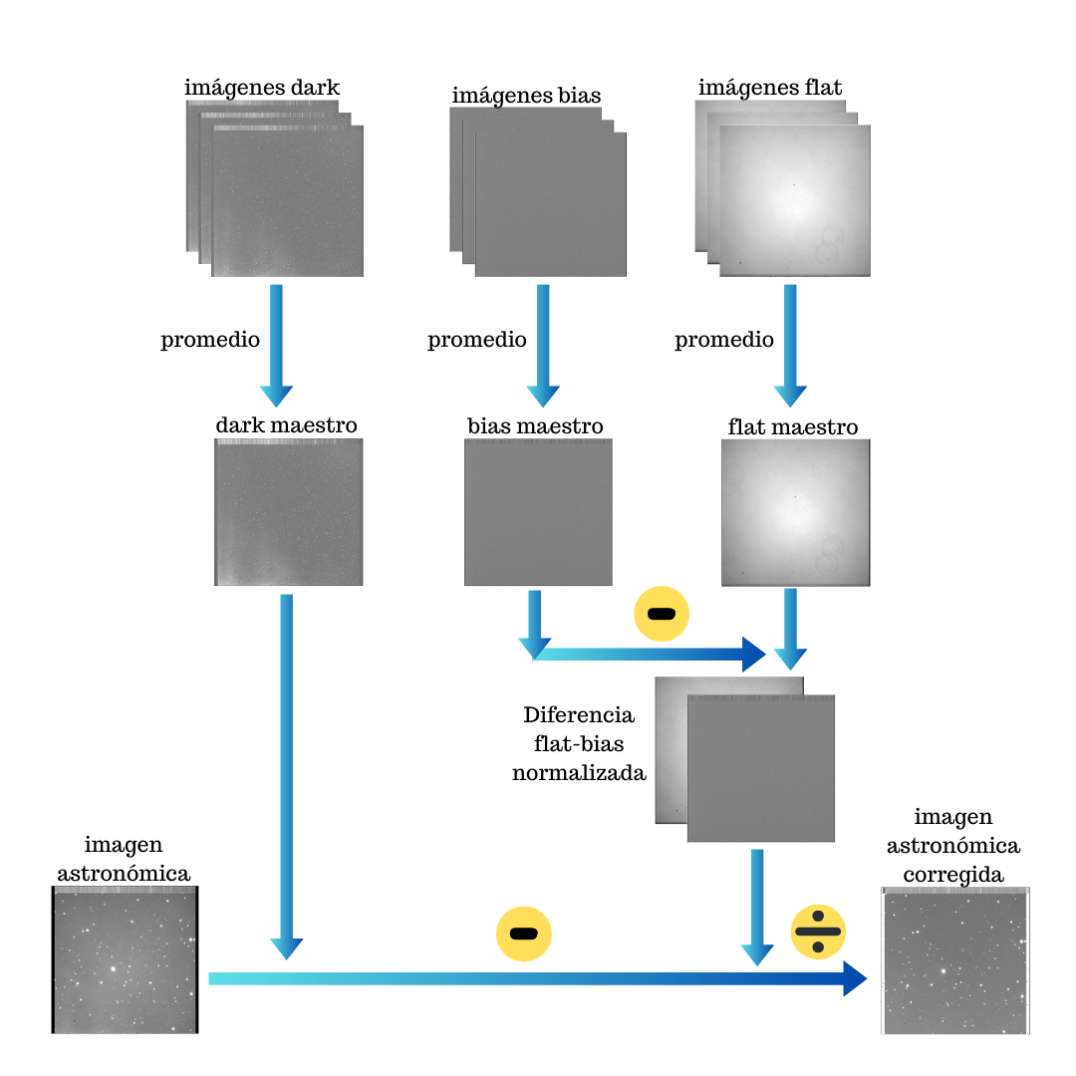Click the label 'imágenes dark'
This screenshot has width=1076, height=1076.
coord(262,87)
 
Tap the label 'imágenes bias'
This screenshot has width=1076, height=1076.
coord(526,96)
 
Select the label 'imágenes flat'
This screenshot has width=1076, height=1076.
coord(770,87)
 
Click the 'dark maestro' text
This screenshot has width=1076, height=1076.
coord(286,425)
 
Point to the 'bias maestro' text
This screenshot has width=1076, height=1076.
coord(535,426)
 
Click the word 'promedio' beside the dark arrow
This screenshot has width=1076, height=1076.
coord(210,340)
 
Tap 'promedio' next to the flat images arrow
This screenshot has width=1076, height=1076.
coord(724,340)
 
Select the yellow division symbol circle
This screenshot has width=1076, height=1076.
coord(818,932)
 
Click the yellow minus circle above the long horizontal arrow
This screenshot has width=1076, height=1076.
coord(524,934)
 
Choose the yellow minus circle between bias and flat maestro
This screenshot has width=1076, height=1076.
coord(662,613)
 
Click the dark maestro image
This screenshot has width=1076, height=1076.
coord(288,512)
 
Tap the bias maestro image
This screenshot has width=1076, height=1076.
coord(538,512)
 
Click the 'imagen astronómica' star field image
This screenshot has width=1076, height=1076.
coord(126,961)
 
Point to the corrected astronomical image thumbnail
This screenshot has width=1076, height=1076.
coord(955,961)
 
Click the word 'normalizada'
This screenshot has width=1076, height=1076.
coord(579,772)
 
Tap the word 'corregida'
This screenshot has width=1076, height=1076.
coord(954,874)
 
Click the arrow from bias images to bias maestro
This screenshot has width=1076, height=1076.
coord(543,344)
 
